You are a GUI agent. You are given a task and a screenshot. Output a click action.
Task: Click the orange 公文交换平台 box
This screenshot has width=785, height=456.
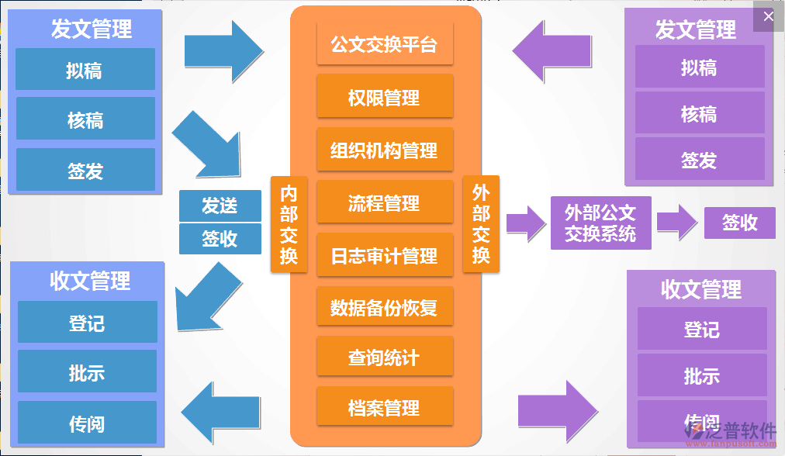[x=384, y=44]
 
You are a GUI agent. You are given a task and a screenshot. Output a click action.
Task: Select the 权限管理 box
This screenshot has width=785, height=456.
[x=384, y=97]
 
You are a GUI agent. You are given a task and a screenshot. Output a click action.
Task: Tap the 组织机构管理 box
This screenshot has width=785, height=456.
[x=384, y=150]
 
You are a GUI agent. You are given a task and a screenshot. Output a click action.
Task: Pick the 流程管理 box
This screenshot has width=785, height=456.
[x=384, y=203]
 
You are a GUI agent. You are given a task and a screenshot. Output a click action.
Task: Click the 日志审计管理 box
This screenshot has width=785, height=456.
[x=384, y=255]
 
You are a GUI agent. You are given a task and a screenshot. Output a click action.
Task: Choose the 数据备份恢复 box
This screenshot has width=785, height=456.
[x=384, y=307]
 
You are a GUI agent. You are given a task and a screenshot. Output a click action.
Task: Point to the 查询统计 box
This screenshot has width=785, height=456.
[x=384, y=358]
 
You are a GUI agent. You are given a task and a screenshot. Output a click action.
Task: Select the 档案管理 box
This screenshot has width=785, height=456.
[x=384, y=407]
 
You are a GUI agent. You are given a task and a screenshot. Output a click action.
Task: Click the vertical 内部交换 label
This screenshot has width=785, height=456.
[x=289, y=225]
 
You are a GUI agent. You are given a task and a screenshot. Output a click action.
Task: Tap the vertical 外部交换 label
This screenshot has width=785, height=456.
[x=481, y=225]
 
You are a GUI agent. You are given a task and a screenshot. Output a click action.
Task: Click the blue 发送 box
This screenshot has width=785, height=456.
[x=220, y=206]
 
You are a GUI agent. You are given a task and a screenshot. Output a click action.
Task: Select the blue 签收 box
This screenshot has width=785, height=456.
[x=220, y=239]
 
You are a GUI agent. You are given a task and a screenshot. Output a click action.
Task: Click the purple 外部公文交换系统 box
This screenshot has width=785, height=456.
[x=600, y=223]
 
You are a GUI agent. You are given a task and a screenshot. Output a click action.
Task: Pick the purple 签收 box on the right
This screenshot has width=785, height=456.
[x=739, y=223]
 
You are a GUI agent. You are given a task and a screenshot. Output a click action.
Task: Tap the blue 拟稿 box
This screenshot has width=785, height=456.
[x=85, y=71]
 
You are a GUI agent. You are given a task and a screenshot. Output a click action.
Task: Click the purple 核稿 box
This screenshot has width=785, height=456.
[x=699, y=114]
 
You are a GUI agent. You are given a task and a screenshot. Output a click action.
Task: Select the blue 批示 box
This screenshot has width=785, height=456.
[x=86, y=372]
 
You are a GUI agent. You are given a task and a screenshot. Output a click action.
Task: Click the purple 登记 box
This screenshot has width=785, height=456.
[x=701, y=329]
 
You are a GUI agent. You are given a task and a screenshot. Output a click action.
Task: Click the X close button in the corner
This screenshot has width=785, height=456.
[x=768, y=16]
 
